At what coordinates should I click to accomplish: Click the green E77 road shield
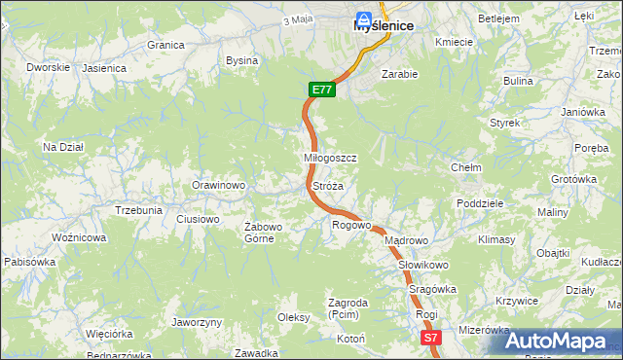(323, 90)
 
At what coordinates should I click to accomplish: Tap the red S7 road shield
(432, 338)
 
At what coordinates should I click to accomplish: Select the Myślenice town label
(384, 27)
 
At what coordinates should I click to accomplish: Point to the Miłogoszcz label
(331, 158)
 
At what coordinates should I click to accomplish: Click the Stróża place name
(328, 185)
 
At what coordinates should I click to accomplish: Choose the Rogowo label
(351, 226)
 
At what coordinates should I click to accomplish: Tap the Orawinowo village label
(217, 185)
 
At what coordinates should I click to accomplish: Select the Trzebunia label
(138, 210)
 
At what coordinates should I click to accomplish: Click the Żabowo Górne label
(263, 233)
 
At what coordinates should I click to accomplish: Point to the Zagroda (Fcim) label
(348, 308)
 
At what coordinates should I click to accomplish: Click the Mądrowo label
(406, 240)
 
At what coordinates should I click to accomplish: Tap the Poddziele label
(479, 203)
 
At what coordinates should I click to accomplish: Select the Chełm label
(466, 167)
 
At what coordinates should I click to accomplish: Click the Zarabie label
(399, 74)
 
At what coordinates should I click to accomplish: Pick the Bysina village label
(241, 60)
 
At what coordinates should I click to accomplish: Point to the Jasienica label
(104, 68)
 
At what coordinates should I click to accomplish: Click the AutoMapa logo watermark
(555, 341)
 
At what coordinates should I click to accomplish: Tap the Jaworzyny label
(197, 322)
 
